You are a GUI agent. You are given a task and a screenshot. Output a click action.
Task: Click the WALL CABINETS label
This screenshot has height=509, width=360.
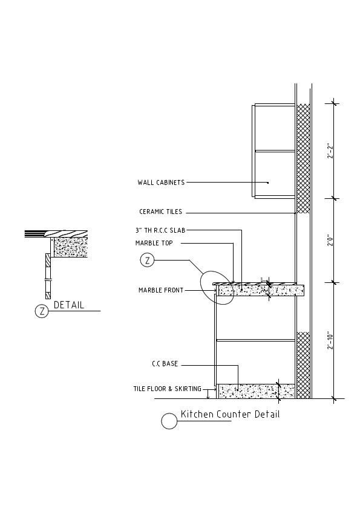[x=161, y=182]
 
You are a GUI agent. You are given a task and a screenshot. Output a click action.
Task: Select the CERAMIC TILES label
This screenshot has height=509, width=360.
[x=160, y=212]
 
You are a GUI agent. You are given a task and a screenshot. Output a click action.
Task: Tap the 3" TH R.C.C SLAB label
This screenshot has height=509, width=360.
[x=164, y=230]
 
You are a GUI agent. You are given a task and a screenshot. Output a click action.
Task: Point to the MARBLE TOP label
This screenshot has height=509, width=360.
[x=154, y=243]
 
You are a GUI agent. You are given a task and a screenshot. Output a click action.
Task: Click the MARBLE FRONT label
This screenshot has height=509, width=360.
[x=160, y=290]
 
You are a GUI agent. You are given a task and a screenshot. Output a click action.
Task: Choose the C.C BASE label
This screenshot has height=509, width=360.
[x=165, y=365]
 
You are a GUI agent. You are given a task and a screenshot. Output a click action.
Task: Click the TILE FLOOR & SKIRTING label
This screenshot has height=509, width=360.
[x=168, y=389]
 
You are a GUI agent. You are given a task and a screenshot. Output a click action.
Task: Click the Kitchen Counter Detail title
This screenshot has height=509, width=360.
[x=230, y=415]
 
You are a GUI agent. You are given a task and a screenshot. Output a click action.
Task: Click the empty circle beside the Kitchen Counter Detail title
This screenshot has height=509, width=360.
[x=169, y=421]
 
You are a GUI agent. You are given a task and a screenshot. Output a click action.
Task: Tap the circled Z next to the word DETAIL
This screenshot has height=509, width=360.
[x=42, y=311]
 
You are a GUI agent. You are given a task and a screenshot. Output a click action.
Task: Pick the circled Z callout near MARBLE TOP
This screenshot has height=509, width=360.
[x=147, y=261]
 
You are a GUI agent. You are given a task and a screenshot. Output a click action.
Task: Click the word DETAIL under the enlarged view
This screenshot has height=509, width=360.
[x=69, y=305]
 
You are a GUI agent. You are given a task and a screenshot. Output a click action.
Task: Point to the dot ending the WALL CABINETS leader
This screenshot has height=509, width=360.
[x=267, y=182]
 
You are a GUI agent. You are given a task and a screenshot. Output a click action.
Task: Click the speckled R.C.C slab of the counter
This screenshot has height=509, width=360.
[x=260, y=291]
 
